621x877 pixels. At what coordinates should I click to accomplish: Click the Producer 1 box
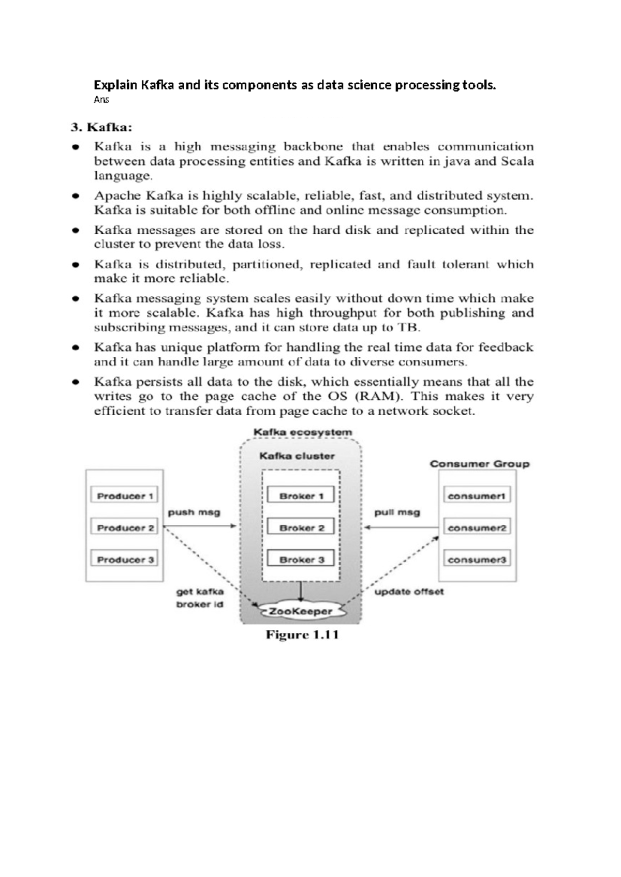[125, 496]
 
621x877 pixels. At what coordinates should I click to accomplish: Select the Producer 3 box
[125, 560]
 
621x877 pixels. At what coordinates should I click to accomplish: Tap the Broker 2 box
[301, 528]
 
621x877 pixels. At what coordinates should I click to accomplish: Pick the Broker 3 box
[301, 560]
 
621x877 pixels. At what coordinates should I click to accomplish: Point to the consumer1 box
[476, 496]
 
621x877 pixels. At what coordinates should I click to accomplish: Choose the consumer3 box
[476, 560]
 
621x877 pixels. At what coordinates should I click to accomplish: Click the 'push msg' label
[194, 512]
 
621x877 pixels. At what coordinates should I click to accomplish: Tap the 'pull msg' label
[397, 512]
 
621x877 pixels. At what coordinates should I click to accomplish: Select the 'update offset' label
[409, 592]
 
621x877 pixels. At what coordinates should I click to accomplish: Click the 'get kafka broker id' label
[200, 598]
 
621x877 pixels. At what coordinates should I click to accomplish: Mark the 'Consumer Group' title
[479, 464]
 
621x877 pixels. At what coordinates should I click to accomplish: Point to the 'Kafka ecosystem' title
[302, 432]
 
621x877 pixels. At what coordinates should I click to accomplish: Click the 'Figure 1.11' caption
[302, 635]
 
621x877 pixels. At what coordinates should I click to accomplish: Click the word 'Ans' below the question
[101, 100]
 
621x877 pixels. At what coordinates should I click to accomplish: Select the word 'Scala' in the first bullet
[517, 161]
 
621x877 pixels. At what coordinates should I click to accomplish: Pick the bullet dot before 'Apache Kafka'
[76, 196]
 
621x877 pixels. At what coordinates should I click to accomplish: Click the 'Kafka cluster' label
[297, 456]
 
